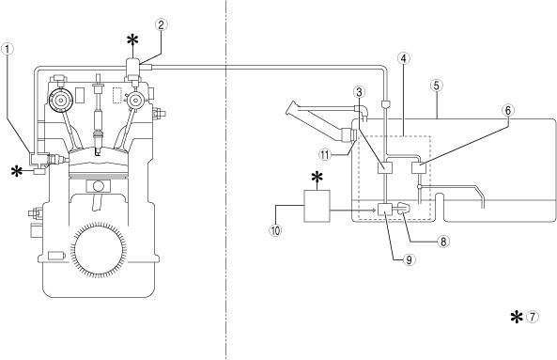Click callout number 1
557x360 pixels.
point(8,49)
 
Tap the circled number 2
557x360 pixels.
point(161,24)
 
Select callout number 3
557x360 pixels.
point(359,92)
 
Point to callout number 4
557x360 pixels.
point(403,58)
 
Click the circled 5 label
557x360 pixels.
point(436,86)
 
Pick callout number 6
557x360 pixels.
point(508,111)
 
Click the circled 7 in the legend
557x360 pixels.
point(533,317)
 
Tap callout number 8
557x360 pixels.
point(443,242)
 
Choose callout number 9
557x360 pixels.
point(409,260)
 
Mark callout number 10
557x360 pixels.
point(275,230)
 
